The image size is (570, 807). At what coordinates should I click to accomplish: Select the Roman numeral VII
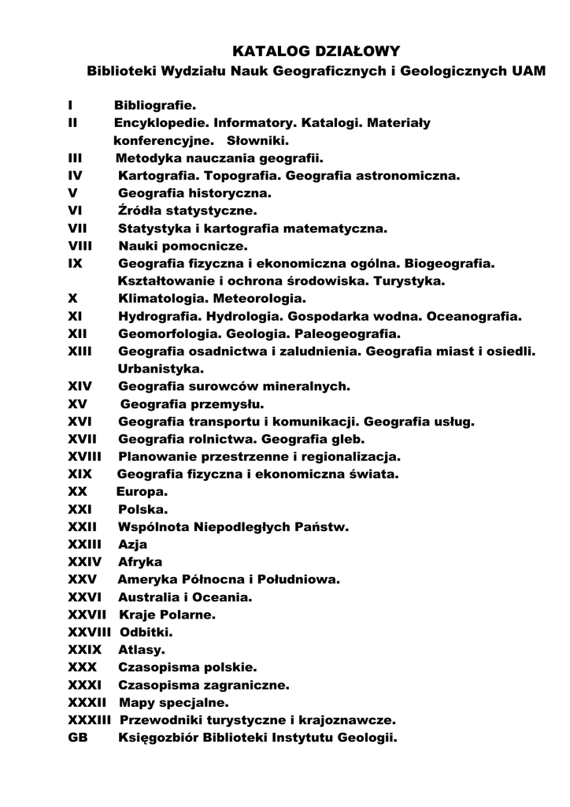click(x=79, y=229)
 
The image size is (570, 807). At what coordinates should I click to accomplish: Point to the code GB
click(x=79, y=738)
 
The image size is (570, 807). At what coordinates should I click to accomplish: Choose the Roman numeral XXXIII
click(x=91, y=720)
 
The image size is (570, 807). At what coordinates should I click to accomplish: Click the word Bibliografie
click(x=155, y=106)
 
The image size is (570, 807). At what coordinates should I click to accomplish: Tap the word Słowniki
click(x=258, y=142)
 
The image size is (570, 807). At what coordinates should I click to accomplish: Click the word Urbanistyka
click(x=160, y=368)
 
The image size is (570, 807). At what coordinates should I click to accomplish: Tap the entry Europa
click(x=142, y=491)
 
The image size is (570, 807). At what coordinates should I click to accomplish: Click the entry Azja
click(x=132, y=544)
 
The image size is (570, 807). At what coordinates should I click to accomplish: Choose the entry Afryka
click(x=140, y=562)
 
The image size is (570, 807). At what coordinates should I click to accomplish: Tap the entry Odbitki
click(x=146, y=632)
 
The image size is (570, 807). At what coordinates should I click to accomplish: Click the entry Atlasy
click(x=142, y=650)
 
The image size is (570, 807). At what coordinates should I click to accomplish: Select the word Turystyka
click(x=409, y=281)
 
